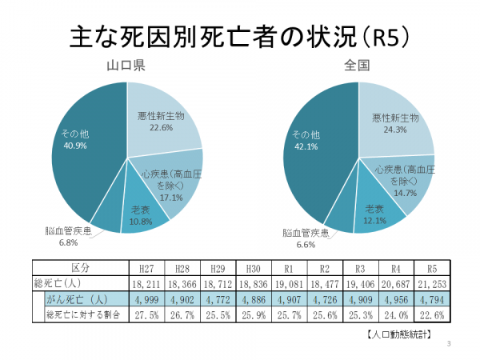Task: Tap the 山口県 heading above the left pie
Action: click(x=126, y=66)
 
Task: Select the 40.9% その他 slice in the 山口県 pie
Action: click(x=80, y=148)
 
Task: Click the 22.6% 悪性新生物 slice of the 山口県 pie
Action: click(x=160, y=120)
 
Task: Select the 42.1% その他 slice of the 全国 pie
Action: click(x=312, y=148)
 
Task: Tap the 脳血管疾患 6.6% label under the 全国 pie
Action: click(x=307, y=238)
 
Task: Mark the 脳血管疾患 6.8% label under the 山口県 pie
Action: click(x=70, y=237)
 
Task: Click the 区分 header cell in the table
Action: click(x=80, y=267)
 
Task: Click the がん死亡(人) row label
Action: click(x=77, y=298)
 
